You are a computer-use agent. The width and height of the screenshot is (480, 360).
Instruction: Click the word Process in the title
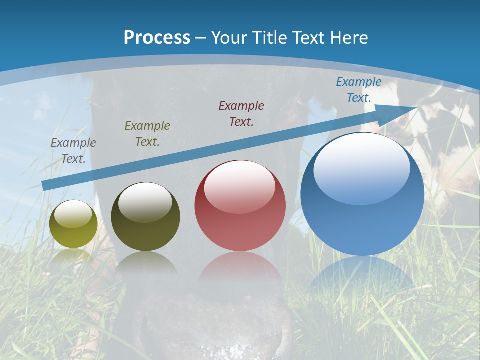(x=157, y=37)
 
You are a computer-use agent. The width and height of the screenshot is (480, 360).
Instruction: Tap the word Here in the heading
(x=348, y=37)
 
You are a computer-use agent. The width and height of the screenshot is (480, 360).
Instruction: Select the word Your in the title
(x=228, y=37)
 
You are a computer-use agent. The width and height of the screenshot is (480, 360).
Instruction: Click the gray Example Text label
(x=73, y=151)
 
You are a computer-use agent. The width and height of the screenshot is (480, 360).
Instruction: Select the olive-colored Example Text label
(x=147, y=134)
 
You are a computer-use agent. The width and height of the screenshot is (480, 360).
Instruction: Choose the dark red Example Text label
(x=241, y=113)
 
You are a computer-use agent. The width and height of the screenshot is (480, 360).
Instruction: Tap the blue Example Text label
(x=359, y=90)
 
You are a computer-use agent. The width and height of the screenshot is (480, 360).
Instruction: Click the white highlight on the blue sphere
(x=361, y=167)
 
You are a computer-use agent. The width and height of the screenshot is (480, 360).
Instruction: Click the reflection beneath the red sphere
(x=240, y=267)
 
